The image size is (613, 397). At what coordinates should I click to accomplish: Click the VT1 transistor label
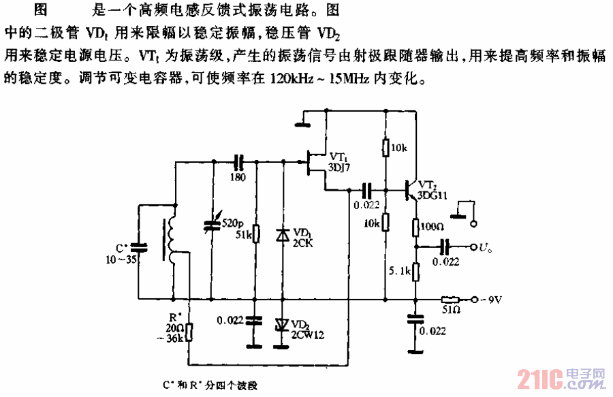point(339,156)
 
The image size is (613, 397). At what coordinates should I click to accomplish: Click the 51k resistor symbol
point(255,234)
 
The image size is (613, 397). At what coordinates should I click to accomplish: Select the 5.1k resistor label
point(398,272)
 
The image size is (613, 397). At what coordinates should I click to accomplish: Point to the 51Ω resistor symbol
point(450,299)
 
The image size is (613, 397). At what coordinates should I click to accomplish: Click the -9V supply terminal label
point(492,300)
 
